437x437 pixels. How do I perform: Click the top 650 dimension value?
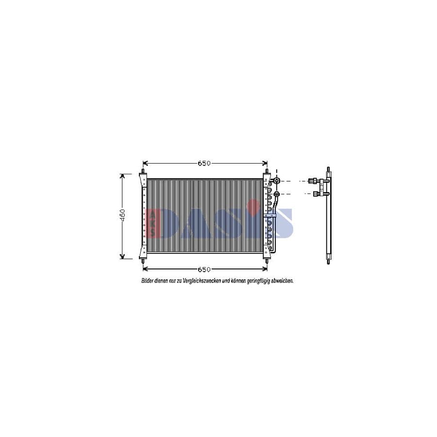(204, 164)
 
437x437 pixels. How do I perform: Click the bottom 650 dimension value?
(204, 269)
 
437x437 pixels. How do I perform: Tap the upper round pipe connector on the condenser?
(277, 181)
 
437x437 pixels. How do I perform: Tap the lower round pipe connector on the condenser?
(277, 194)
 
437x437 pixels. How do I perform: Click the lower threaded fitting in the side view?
(315, 194)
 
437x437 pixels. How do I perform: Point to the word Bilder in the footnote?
(147, 281)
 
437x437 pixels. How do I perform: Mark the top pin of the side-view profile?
(329, 170)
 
